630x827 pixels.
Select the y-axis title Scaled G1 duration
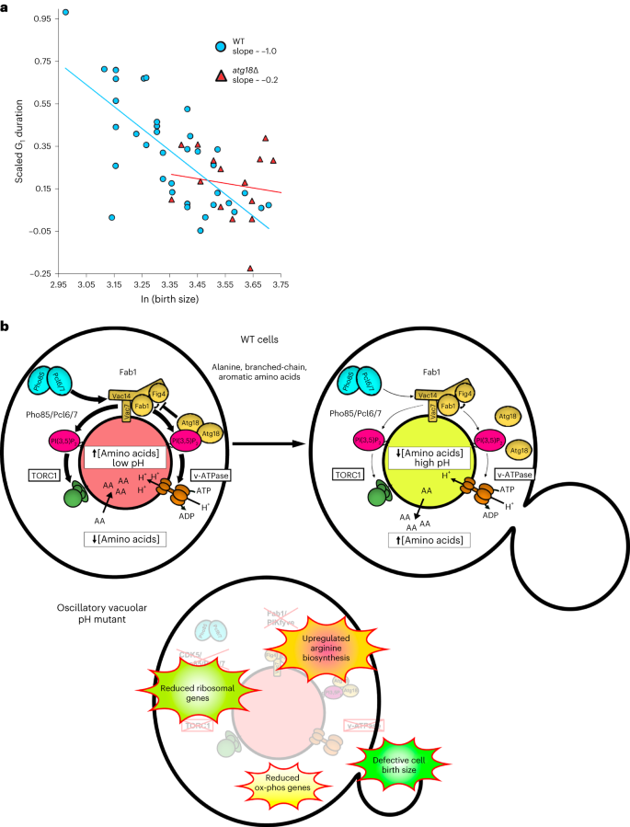click(19, 146)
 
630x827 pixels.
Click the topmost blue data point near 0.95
click(64, 13)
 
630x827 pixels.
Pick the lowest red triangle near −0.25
click(250, 268)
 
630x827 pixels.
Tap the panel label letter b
click(6, 326)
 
